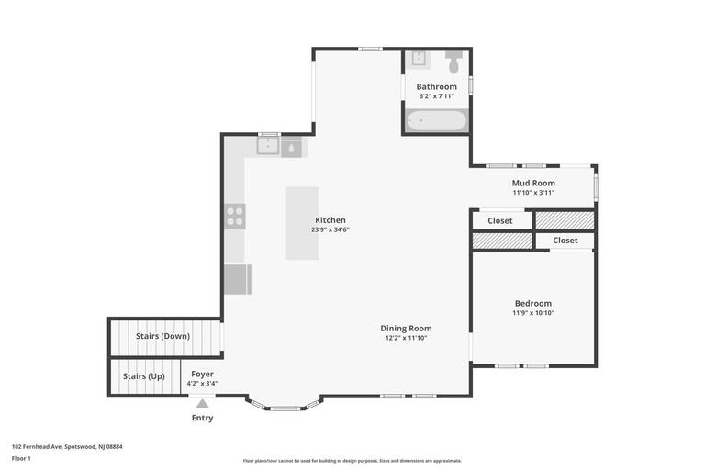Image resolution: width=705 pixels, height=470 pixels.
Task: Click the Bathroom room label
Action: pos(436,86)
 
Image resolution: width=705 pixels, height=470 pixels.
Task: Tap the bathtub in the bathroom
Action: pos(436,121)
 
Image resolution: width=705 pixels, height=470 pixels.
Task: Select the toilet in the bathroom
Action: pos(453,63)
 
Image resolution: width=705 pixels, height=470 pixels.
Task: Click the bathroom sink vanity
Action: pos(418,60)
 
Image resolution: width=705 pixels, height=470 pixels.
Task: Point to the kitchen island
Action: pos(302,223)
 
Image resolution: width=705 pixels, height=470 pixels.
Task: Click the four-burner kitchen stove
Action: pos(235,217)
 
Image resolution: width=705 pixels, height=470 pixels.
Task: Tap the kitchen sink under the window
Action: pos(268,147)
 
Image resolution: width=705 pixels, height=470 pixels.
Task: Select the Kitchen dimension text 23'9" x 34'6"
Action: pos(330,229)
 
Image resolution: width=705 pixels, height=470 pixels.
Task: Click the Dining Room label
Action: pos(406,328)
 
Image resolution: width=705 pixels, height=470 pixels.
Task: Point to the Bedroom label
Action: pos(532,303)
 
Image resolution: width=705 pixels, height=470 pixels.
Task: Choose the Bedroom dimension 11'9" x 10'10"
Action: pos(532,313)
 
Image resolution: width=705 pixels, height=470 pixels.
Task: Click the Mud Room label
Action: pos(533,183)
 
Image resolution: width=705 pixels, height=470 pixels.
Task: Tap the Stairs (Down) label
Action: pos(162,336)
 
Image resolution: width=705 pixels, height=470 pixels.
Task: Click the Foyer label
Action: pos(202,374)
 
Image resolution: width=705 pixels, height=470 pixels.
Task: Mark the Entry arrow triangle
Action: pos(202,403)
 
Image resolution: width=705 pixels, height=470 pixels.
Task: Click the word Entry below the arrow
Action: pos(202,418)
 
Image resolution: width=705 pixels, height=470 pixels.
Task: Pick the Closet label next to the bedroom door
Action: pos(565,241)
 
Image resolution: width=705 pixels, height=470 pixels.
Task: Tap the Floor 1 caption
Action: pos(21,458)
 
